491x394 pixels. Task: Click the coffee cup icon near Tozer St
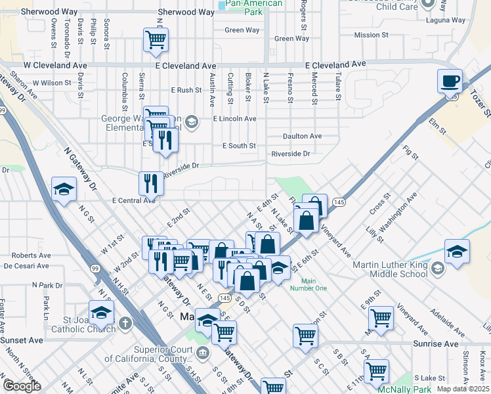pyautogui.click(x=450, y=81)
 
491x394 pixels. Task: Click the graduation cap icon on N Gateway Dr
pyautogui.click(x=64, y=189)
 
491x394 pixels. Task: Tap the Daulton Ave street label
pyautogui.click(x=302, y=136)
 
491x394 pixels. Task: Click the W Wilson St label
pyautogui.click(x=51, y=83)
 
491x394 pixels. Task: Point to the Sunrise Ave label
pyautogui.click(x=435, y=343)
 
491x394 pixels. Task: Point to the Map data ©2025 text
pyautogui.click(x=463, y=389)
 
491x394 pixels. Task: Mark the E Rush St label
pyautogui.click(x=186, y=90)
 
